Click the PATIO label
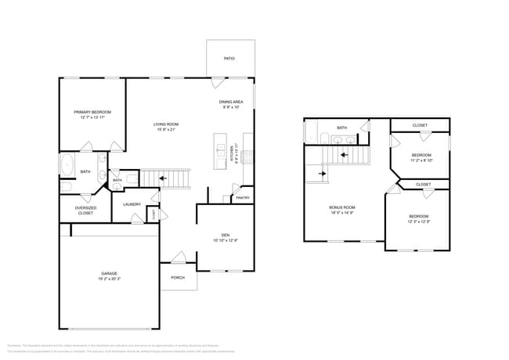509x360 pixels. point(229,58)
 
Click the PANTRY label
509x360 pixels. point(243,198)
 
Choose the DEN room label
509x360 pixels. point(225,235)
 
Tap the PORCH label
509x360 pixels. point(178,277)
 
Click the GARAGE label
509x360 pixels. point(109,273)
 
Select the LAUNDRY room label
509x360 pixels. point(132,204)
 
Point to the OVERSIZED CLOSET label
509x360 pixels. point(85,210)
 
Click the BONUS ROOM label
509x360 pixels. point(341,207)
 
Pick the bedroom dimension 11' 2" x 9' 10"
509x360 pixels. point(421,160)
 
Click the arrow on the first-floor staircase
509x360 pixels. point(162,178)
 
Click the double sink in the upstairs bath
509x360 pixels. point(340,140)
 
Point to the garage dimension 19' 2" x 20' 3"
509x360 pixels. point(109,279)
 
